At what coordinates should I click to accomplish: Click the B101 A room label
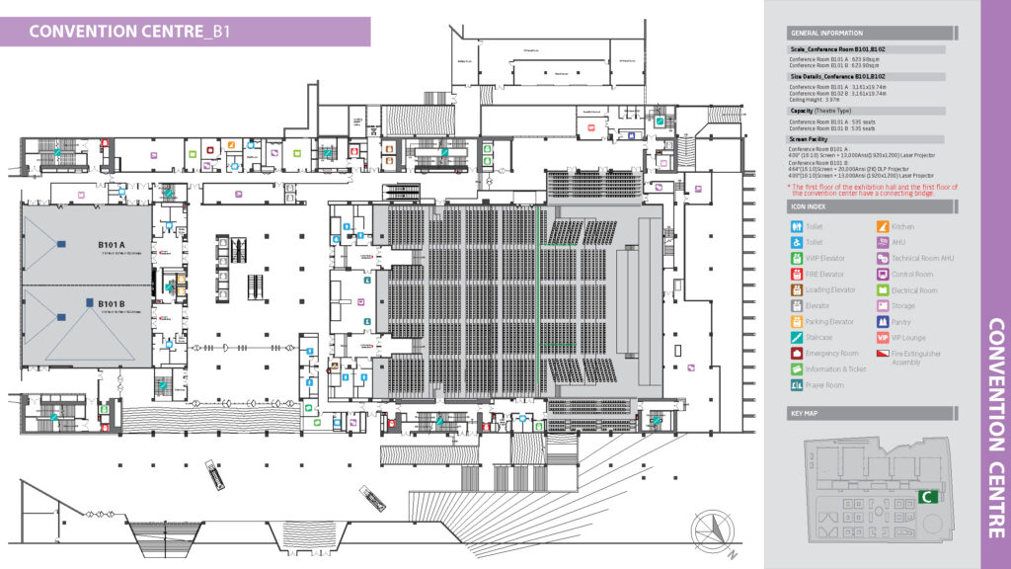pos(111,244)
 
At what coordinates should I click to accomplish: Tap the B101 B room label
pos(111,303)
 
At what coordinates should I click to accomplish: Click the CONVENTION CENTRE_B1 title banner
pos(130,31)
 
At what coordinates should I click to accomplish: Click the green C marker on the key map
pos(927,497)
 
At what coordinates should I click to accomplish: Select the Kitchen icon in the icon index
pos(883,227)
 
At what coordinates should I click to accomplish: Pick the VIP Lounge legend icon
pos(883,338)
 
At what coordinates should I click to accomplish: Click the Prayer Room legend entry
pos(824,385)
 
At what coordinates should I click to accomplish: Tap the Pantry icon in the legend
pos(883,322)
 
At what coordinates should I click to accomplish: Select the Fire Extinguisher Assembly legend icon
pos(883,354)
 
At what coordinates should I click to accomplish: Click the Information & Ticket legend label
pos(835,369)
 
